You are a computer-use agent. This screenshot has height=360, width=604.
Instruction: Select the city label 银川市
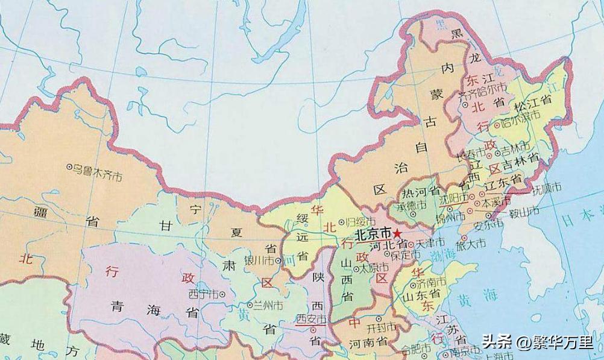click(x=260, y=261)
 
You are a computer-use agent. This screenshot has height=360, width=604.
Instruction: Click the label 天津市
click(x=430, y=242)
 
